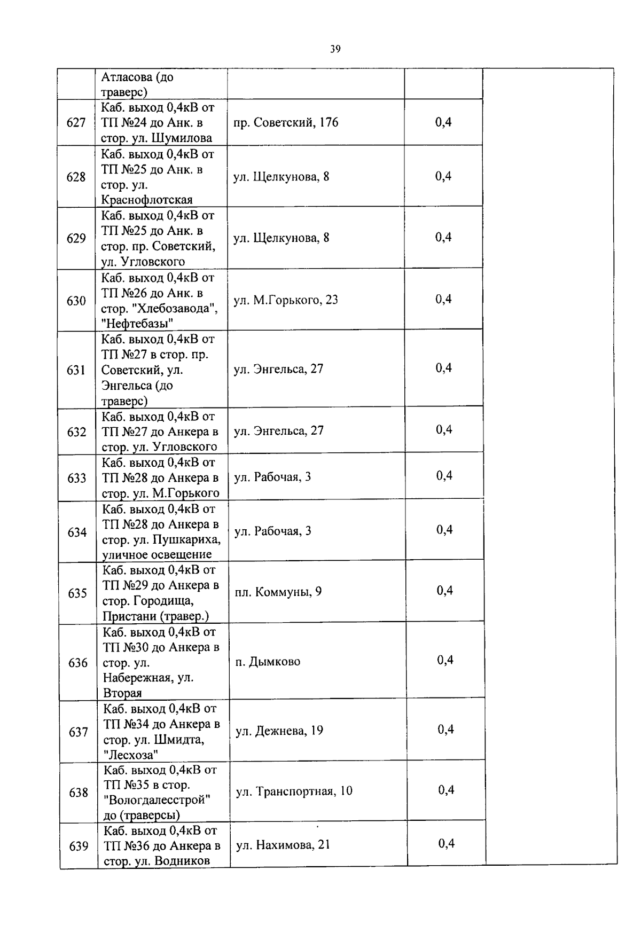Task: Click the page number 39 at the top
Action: point(335,50)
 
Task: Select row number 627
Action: point(76,123)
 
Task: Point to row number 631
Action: point(76,370)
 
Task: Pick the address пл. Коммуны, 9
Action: point(278,592)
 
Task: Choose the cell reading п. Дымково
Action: point(268,662)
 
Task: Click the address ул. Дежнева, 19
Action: point(279,731)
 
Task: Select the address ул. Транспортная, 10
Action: point(294,791)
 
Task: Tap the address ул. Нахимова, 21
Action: point(283,845)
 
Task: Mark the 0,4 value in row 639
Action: point(447,843)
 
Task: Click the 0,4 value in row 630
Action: point(443,299)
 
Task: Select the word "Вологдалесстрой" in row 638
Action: point(157,800)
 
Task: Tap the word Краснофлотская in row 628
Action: point(147,200)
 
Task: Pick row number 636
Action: point(78,663)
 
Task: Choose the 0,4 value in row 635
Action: point(445,590)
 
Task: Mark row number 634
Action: point(77,532)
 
